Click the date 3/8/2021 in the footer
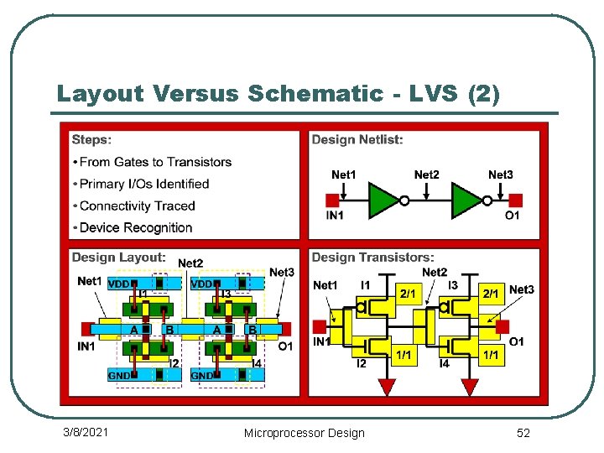coord(86,432)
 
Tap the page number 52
coord(523,432)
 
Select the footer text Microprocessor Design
coord(304,433)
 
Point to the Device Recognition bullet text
coord(136,227)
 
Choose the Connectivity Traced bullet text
coord(137,206)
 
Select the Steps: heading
coord(91,139)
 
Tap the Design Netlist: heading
coord(357,139)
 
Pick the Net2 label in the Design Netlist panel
coord(426,174)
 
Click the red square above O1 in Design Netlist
coord(515,200)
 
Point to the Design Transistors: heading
coord(372,258)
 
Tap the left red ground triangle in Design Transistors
coord(387,387)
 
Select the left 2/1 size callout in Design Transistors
coord(408,294)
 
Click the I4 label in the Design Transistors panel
coord(445,363)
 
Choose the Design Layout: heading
coord(118,258)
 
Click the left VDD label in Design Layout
coord(119,284)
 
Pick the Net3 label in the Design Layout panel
coord(282,272)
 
